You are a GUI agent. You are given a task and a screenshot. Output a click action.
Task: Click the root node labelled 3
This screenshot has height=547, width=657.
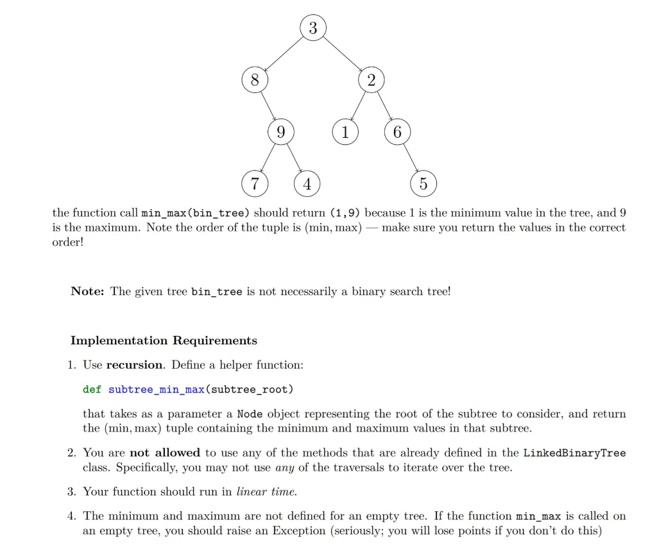tap(312, 28)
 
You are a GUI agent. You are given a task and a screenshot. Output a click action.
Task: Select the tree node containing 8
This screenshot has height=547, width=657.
tap(255, 81)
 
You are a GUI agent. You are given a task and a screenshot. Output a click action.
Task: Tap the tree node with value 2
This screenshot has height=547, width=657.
tap(371, 81)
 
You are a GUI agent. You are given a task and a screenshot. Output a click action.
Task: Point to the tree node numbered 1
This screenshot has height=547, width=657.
tap(345, 133)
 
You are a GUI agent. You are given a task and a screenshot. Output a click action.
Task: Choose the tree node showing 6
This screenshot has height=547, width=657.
tap(397, 133)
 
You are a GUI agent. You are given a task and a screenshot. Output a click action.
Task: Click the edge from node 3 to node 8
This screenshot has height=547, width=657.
tap(284, 55)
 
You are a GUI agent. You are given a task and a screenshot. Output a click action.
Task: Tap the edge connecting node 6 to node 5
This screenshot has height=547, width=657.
tap(410, 158)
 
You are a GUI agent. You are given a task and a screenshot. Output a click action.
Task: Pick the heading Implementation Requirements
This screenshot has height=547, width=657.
tap(164, 341)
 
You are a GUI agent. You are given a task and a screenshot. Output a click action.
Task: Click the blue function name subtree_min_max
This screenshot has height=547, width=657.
tap(155, 389)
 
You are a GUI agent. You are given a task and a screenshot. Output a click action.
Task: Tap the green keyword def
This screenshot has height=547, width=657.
tap(92, 389)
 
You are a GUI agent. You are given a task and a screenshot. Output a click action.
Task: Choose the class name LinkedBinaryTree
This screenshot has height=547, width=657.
tap(574, 453)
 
